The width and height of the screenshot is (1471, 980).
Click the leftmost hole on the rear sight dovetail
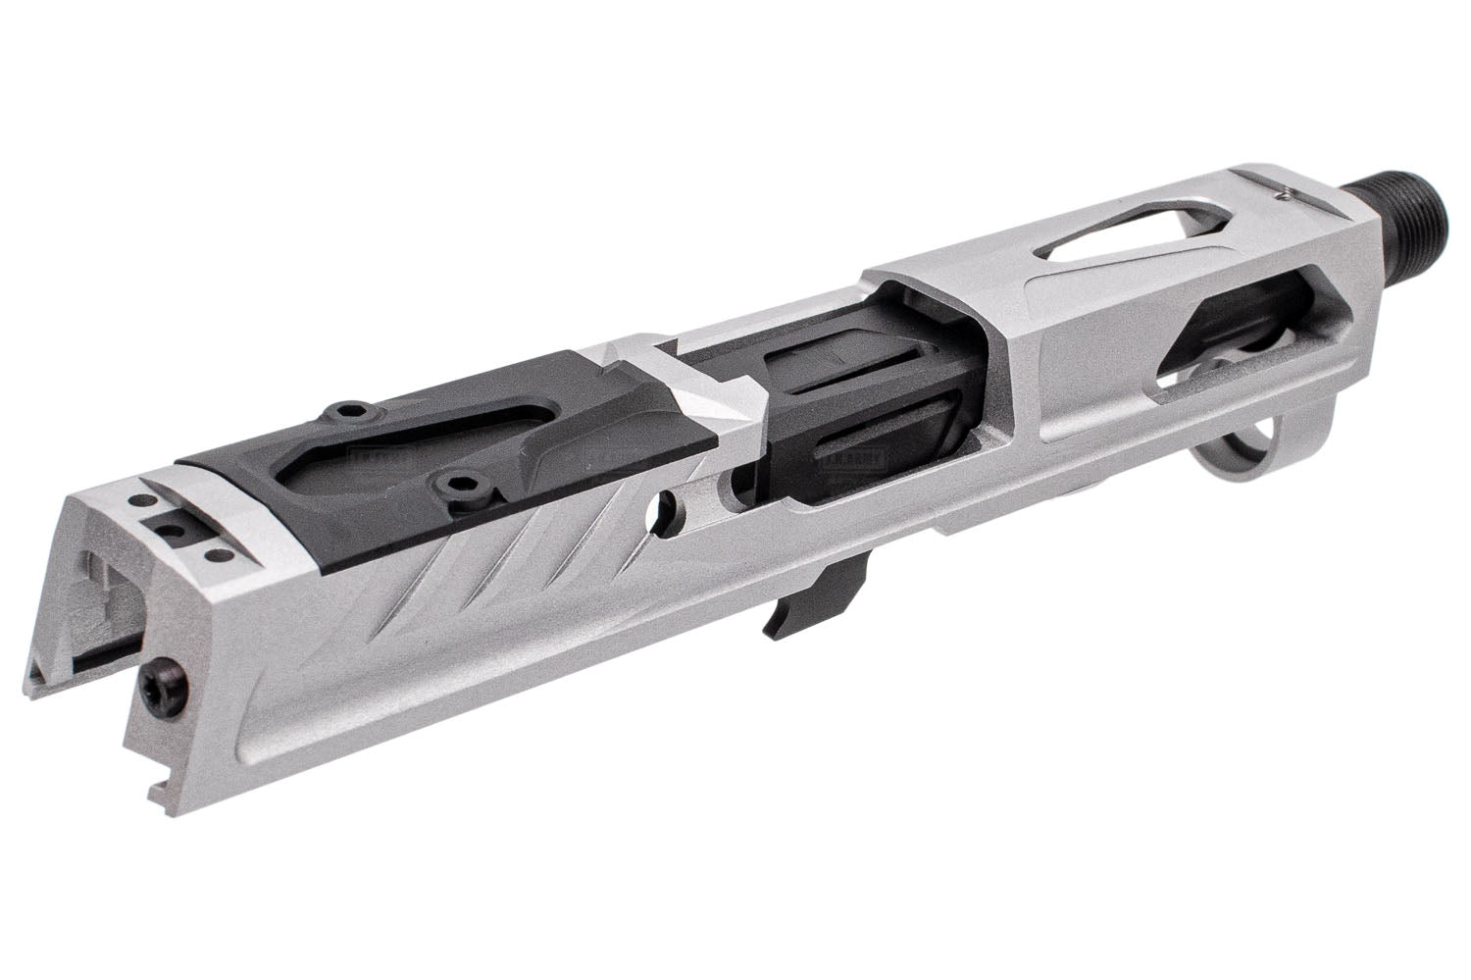coord(147,501)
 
